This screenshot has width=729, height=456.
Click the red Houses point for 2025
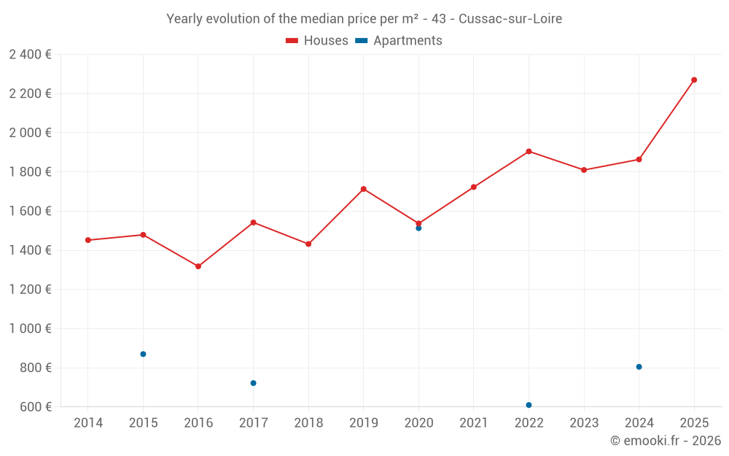(x=694, y=80)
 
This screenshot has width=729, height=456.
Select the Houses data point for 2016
(x=198, y=266)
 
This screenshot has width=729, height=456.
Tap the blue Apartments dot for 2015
(x=143, y=354)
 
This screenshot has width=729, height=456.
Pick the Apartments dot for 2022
(x=529, y=405)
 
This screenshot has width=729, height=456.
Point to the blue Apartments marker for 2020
(x=418, y=228)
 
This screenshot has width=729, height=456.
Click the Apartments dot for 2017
(x=253, y=383)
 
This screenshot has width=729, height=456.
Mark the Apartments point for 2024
(x=639, y=367)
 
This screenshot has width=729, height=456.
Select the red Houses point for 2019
(x=363, y=189)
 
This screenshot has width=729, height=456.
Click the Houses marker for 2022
(x=529, y=151)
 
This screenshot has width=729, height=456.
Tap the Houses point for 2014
(x=88, y=240)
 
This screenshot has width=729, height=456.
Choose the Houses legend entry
(x=317, y=41)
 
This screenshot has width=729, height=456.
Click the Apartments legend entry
(x=399, y=41)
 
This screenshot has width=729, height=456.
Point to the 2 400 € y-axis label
(x=30, y=54)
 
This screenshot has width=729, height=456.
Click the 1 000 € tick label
(x=30, y=328)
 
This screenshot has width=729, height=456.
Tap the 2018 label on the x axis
(x=308, y=422)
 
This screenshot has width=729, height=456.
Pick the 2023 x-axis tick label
(x=584, y=422)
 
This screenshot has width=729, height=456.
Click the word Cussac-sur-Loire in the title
(x=510, y=19)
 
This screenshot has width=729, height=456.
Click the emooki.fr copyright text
(x=666, y=441)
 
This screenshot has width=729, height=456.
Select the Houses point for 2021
(x=474, y=187)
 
